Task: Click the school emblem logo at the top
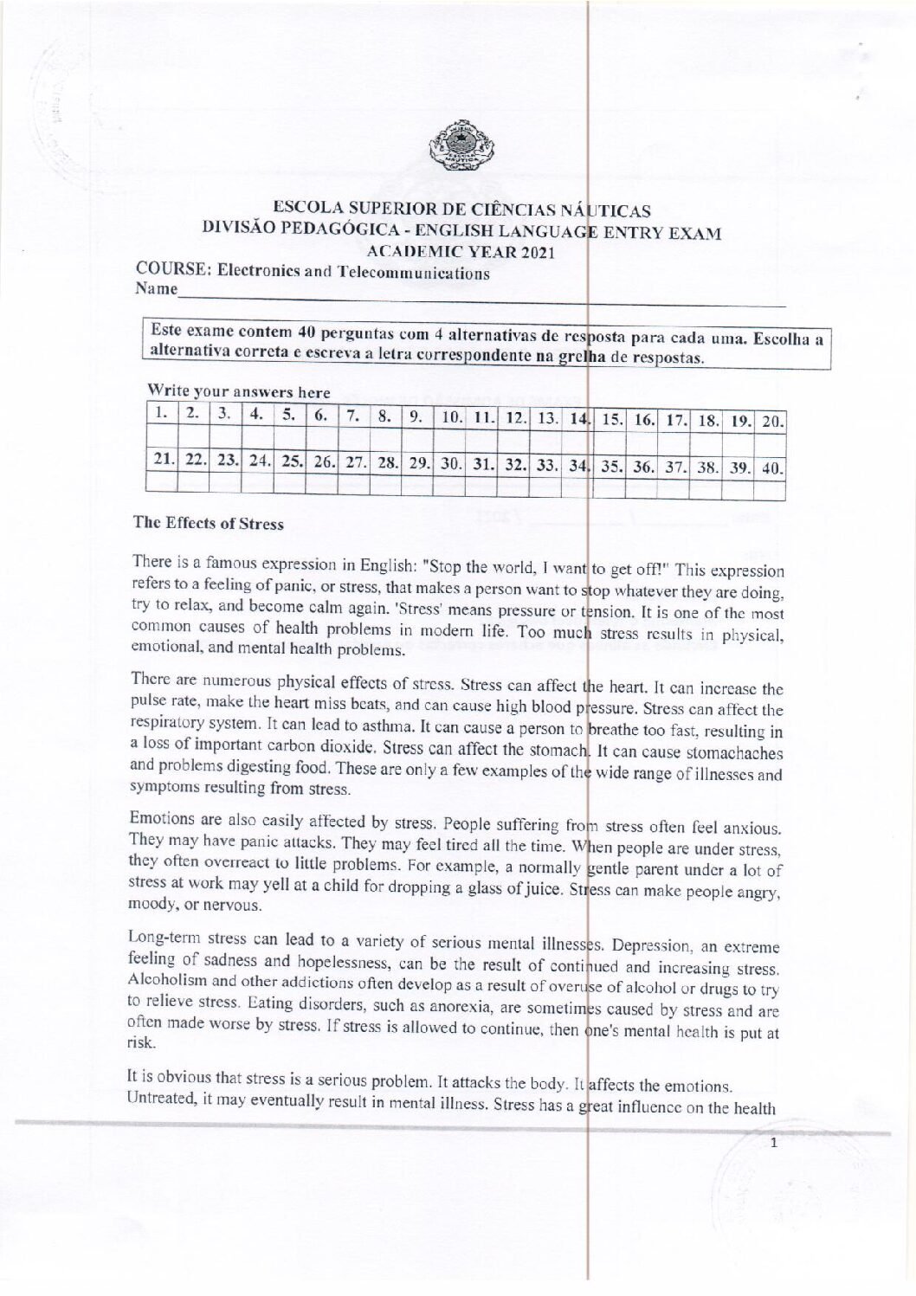pos(459,145)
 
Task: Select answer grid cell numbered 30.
pos(449,468)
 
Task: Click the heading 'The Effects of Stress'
pos(208,523)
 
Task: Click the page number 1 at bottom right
pos(774,1144)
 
